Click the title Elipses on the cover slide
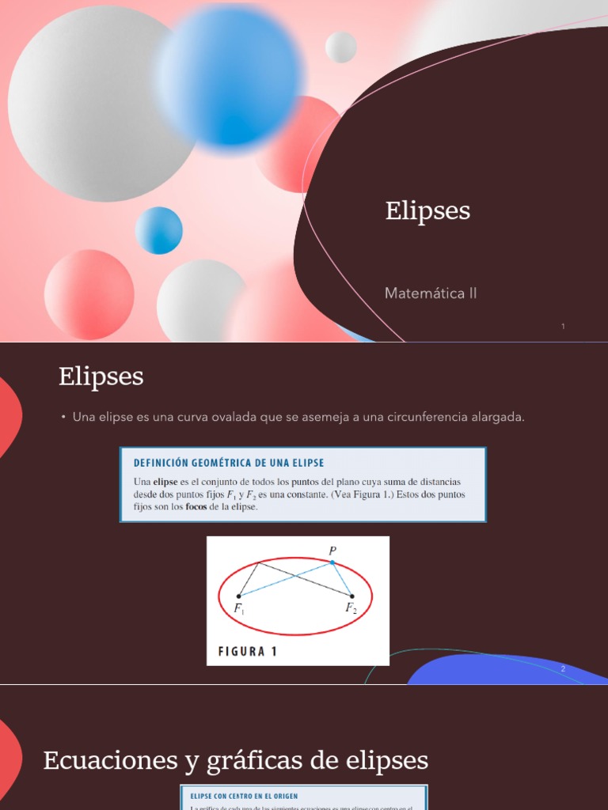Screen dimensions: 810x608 [427, 211]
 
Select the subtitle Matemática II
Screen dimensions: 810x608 [431, 293]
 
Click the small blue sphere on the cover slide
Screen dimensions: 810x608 [159, 230]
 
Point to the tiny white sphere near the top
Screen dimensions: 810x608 [341, 47]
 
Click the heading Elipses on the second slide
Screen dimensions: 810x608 [101, 377]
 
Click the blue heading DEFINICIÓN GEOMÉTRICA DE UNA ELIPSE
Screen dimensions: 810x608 [229, 463]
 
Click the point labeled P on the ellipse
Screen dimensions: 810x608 [332, 562]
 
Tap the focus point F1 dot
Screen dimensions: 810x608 [238, 596]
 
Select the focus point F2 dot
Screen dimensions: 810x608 [351, 596]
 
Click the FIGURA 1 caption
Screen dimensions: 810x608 [248, 653]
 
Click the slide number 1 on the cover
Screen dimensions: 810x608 [563, 326]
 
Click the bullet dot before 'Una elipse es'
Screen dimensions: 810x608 [63, 418]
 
